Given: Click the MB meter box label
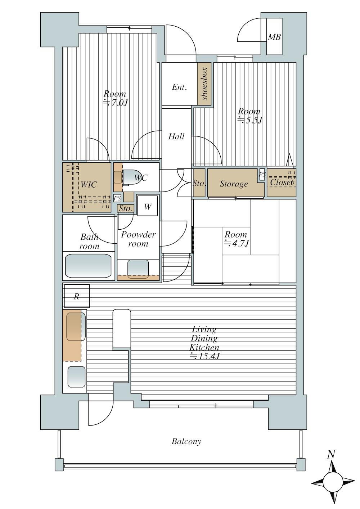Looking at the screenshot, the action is [x=274, y=37].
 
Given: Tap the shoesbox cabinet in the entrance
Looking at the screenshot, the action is [x=204, y=84].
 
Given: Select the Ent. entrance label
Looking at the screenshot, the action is [x=179, y=87].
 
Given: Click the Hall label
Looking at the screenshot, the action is [x=176, y=136].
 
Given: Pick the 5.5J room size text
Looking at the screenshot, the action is [x=250, y=121].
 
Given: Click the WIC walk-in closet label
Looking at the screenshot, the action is [x=89, y=184].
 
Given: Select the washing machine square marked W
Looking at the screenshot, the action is [x=148, y=206].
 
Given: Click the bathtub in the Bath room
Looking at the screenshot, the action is [x=88, y=266].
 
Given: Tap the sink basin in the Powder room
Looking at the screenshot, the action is [x=138, y=269].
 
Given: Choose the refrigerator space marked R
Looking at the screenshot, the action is [x=77, y=296].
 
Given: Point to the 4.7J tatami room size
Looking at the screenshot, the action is [x=237, y=243].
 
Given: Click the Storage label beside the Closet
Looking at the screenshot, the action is [x=234, y=184].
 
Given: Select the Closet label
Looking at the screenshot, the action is [x=281, y=182].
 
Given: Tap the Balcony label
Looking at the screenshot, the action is [x=186, y=442].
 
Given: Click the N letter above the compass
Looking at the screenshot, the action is [x=331, y=454].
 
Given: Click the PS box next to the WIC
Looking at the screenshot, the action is [x=117, y=198].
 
